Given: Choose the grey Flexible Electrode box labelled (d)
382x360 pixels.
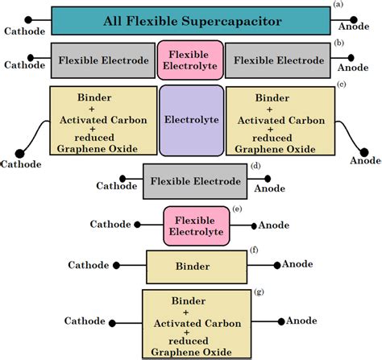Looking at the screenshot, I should click(x=195, y=181).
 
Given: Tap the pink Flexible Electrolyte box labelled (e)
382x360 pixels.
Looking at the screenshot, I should click(x=197, y=226).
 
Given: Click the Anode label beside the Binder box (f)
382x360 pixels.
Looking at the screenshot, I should click(x=297, y=264).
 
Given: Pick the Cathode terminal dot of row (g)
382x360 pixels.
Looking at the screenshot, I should click(x=121, y=320).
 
